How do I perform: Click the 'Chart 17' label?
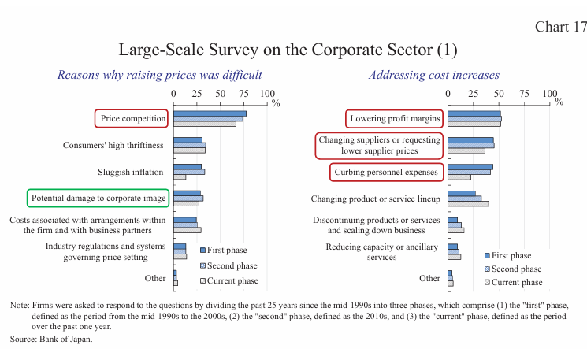[560, 27]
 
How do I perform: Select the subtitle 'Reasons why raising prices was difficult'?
[160, 75]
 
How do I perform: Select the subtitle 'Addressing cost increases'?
[433, 75]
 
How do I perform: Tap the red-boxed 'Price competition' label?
[132, 119]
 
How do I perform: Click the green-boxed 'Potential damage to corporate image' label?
[98, 198]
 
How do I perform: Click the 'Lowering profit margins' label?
[394, 118]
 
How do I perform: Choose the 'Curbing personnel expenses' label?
[386, 172]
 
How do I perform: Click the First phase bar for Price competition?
[210, 113]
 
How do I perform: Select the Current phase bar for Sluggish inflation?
[180, 177]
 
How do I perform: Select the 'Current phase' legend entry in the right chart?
[517, 282]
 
